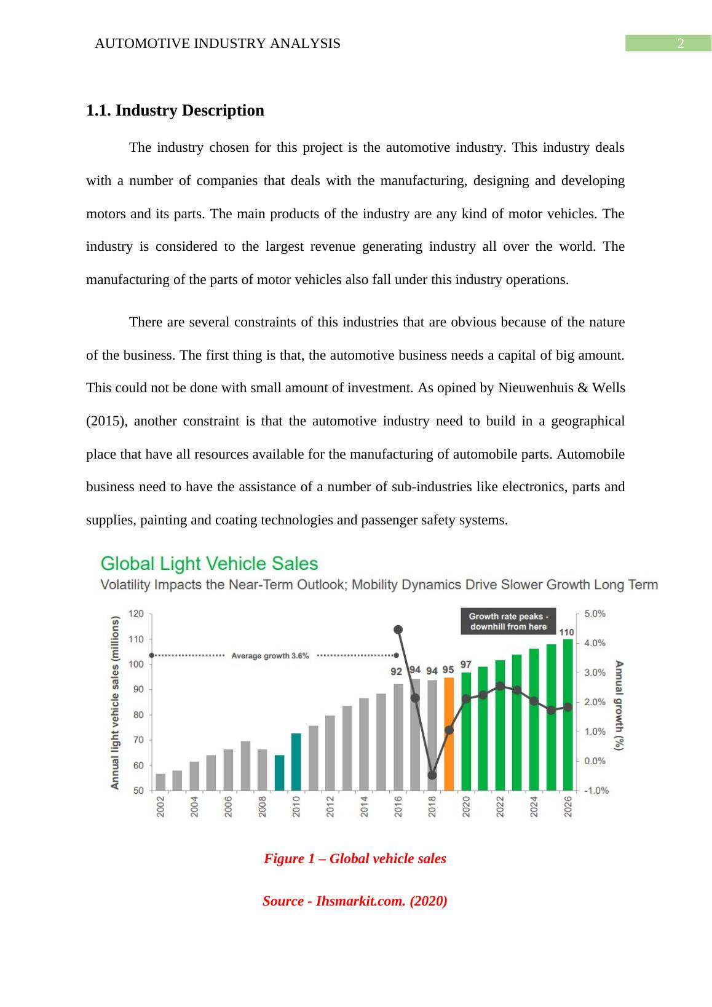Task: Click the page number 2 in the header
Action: pos(680,44)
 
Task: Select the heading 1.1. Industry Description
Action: pos(175,111)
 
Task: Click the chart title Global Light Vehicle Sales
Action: pos(209,564)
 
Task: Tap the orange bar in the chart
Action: pos(449,733)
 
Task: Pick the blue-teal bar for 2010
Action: pos(296,761)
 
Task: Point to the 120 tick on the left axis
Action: pos(136,614)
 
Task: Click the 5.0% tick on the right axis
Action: pos(595,614)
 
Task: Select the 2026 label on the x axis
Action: pos(568,807)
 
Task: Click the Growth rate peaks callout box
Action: pos(508,622)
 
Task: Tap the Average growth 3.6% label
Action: pos(270,655)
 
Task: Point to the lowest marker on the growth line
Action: pos(432,775)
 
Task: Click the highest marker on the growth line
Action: pos(398,630)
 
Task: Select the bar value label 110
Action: pos(567,632)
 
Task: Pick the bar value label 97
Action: pos(466,665)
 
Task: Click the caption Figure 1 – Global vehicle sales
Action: pos(355,859)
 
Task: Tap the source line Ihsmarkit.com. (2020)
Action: pos(355,901)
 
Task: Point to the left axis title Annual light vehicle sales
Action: pos(115,703)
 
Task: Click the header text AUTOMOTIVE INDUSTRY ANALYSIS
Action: pos(218,44)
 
